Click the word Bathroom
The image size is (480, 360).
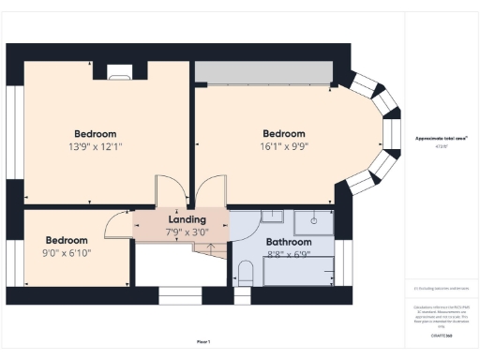point(275,241)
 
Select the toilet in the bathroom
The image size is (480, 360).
point(246,273)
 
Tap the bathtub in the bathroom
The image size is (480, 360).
point(298,271)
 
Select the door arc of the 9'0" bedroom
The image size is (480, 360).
point(118,220)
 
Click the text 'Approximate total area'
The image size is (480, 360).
point(441,139)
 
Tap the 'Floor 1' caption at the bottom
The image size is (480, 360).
point(203,341)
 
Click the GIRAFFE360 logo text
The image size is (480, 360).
point(441,334)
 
